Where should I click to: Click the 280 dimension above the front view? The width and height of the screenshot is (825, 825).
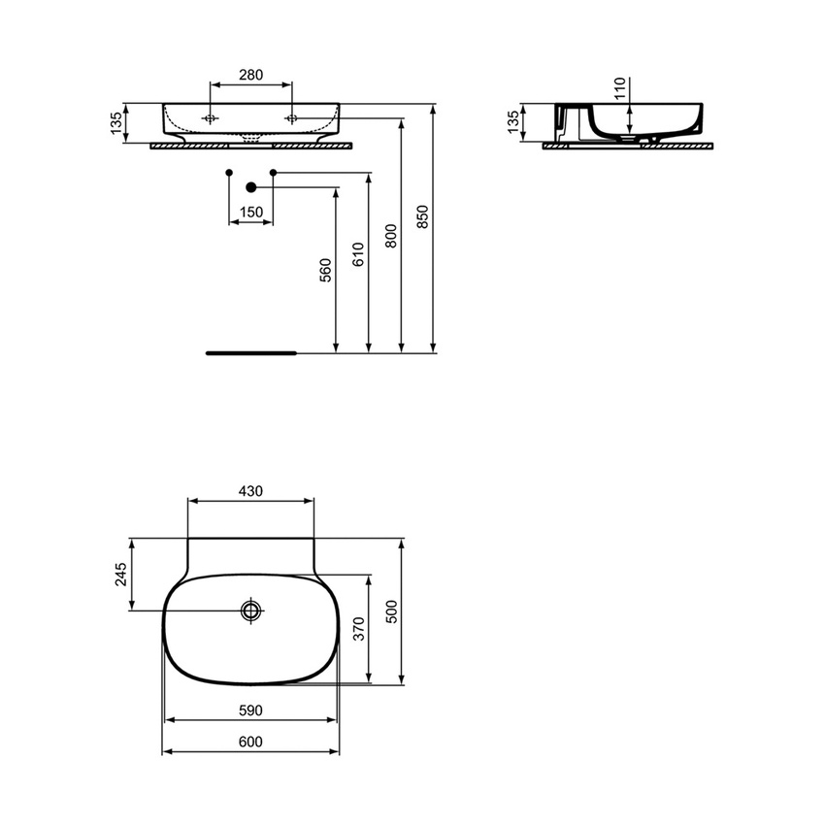tap(251, 75)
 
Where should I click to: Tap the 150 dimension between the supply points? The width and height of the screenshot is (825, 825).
tap(250, 212)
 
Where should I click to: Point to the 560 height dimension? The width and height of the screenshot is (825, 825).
tap(326, 269)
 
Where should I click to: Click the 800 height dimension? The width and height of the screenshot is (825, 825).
tap(391, 238)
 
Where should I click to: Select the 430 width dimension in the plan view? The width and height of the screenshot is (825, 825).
tap(250, 491)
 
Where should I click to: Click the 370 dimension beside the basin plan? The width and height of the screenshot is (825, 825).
tap(358, 629)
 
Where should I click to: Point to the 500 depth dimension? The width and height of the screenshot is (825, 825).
tap(391, 610)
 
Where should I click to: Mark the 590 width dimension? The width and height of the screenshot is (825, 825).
tap(250, 710)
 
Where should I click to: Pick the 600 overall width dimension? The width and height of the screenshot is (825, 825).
tap(250, 742)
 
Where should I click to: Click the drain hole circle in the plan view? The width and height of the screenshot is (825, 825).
tap(251, 610)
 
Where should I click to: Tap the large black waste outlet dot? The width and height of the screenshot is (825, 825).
tap(250, 187)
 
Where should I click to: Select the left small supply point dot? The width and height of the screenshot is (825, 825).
tap(229, 173)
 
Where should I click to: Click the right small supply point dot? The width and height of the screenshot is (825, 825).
tap(273, 173)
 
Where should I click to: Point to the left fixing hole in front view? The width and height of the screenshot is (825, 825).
tap(210, 118)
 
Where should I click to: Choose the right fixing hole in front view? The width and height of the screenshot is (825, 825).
tap(292, 118)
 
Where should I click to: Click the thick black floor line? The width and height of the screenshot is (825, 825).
tap(250, 353)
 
